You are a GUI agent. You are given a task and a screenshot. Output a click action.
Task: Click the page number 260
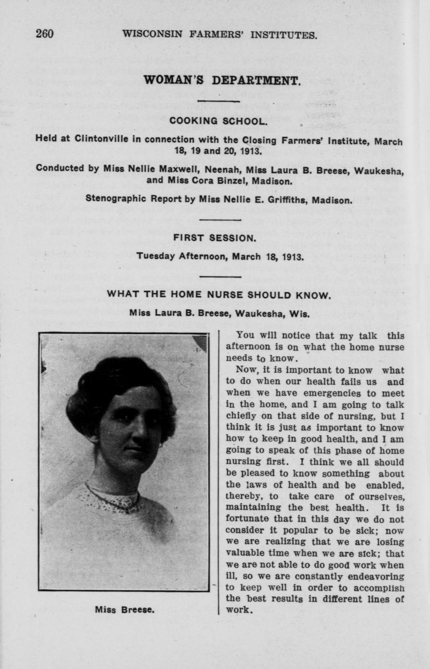point(45,34)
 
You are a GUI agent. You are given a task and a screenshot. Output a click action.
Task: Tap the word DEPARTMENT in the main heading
point(256,80)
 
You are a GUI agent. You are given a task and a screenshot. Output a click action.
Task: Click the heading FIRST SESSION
point(215,238)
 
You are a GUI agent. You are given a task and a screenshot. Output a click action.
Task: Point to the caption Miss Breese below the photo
point(124,610)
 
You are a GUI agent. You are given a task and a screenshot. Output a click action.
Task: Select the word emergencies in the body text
point(319,393)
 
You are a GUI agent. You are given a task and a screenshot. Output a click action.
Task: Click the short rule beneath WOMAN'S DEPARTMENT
point(219,101)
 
